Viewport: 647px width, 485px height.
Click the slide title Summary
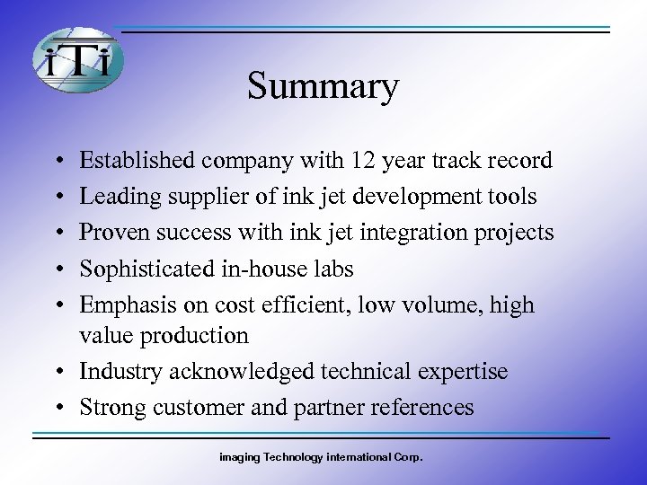323,87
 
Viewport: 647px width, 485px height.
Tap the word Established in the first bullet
137,161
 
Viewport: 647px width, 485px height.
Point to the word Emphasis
118,304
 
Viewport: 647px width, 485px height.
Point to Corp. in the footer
408,457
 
